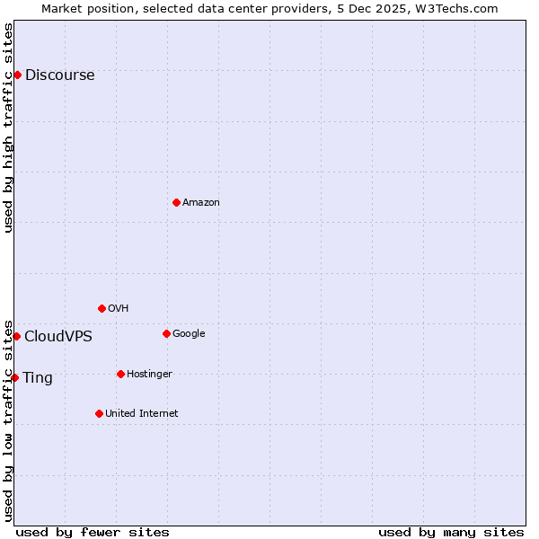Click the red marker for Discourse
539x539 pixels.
tap(17, 75)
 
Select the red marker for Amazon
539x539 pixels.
tap(176, 202)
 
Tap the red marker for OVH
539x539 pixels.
tap(102, 308)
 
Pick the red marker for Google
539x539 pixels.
tap(166, 333)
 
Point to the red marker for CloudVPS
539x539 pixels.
tap(16, 336)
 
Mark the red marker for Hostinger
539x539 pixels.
tap(120, 374)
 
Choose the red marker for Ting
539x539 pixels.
tap(14, 377)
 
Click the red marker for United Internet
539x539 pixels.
tap(99, 413)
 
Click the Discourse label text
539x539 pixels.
tap(59, 75)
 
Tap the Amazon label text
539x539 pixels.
tap(200, 203)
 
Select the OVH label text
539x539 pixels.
tap(118, 309)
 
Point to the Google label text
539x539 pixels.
tap(189, 334)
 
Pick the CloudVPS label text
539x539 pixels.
tap(57, 337)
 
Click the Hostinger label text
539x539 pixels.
tap(149, 375)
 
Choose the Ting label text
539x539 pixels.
tap(38, 378)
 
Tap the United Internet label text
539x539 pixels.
tap(141, 414)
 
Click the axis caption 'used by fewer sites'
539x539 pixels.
tap(93, 532)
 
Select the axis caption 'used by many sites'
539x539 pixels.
tap(451, 532)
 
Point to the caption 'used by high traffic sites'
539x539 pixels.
tap(9, 128)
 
